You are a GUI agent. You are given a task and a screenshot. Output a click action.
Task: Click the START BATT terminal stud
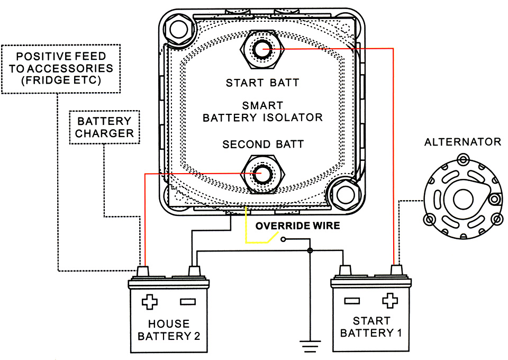pyautogui.click(x=262, y=49)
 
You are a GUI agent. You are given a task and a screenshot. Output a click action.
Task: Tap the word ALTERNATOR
pyautogui.click(x=462, y=142)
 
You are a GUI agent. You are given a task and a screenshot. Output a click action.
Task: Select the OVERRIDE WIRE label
pyautogui.click(x=298, y=226)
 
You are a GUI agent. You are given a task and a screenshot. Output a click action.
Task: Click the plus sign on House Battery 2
pyautogui.click(x=150, y=302)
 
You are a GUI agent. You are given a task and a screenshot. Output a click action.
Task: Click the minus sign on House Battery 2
pyautogui.click(x=188, y=302)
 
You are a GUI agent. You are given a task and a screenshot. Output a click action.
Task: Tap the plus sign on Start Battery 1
pyautogui.click(x=390, y=301)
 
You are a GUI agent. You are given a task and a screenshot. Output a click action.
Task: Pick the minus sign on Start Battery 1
pyautogui.click(x=352, y=301)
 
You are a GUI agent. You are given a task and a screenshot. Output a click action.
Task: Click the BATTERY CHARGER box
pyautogui.click(x=105, y=127)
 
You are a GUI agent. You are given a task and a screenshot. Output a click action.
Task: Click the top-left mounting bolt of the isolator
pyautogui.click(x=179, y=30)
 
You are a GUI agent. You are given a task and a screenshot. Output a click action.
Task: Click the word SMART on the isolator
pyautogui.click(x=263, y=106)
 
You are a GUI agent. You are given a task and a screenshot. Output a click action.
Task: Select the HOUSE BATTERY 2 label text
pyautogui.click(x=169, y=330)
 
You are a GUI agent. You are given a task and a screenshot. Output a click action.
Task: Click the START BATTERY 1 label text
pyautogui.click(x=371, y=327)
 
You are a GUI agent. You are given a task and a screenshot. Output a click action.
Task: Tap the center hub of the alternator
pyautogui.click(x=463, y=199)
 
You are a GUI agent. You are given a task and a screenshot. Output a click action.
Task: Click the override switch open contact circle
pyautogui.click(x=284, y=239)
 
